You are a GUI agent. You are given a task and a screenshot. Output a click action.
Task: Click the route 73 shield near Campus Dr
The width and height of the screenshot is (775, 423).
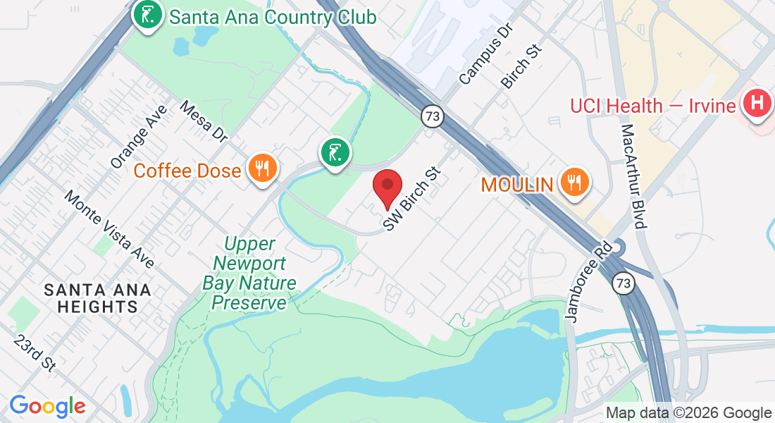coord(433,116)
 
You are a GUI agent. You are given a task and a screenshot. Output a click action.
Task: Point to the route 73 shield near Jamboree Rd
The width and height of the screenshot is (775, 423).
coord(624,283)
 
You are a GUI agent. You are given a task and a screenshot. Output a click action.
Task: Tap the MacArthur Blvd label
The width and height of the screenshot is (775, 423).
coord(633,177)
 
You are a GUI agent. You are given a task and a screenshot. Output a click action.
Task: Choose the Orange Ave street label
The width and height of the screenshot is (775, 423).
coord(139,137)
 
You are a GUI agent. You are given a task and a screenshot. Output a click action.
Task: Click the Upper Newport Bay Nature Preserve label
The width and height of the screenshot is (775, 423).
coord(249,274)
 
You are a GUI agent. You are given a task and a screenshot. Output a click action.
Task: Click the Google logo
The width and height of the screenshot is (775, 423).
coord(47,406)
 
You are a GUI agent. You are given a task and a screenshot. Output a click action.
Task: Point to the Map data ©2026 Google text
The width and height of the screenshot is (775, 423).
coord(688,413)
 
